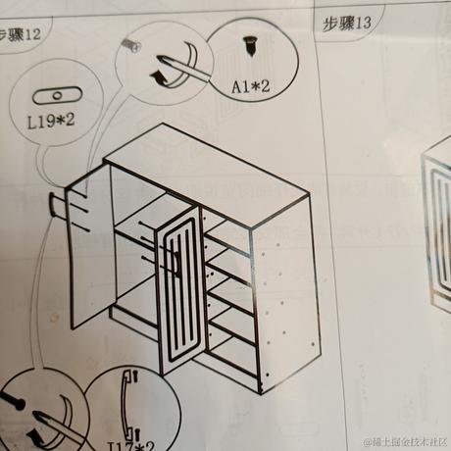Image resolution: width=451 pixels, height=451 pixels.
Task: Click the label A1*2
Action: pyautogui.click(x=250, y=87)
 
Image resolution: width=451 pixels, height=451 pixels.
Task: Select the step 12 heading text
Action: pyautogui.click(x=22, y=34)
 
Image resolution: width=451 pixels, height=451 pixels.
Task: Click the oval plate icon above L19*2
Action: pyautogui.click(x=57, y=96)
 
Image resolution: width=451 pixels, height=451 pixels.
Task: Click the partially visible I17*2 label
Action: pyautogui.click(x=130, y=443)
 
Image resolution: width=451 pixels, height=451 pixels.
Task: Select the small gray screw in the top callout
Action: pyautogui.click(x=130, y=44)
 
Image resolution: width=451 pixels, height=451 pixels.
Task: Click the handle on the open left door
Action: pyautogui.click(x=53, y=206)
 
